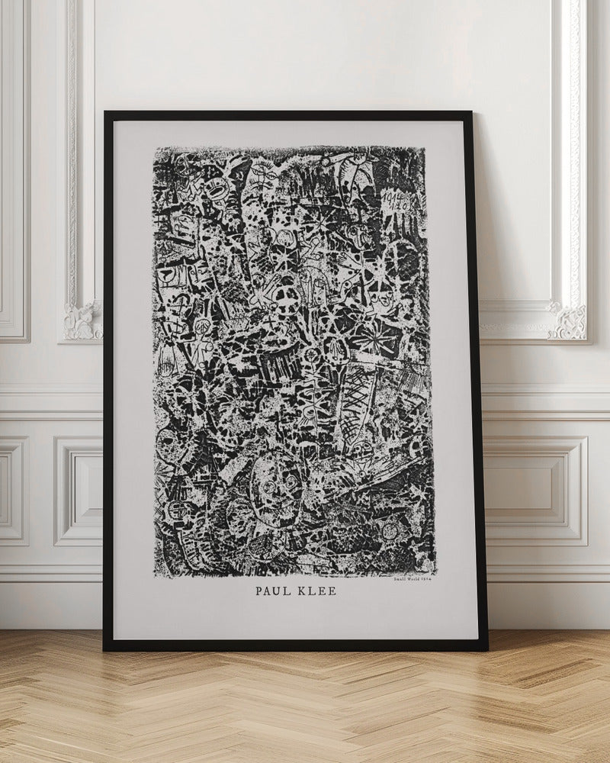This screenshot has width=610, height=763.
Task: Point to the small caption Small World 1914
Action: [413, 579]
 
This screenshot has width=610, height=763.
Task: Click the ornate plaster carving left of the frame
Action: [82, 320]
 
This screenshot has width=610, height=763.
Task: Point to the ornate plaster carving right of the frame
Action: [568, 320]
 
